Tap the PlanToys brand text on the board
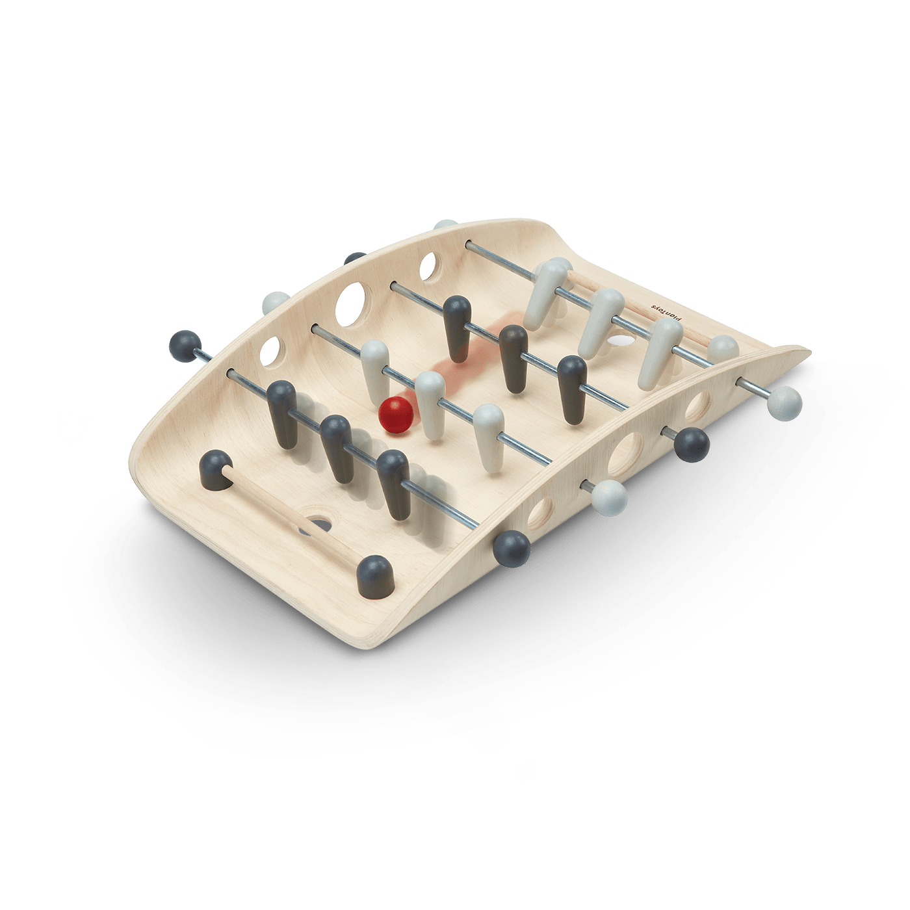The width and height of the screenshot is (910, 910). pos(668,312)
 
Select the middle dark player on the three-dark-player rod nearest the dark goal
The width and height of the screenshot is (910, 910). pos(337,449)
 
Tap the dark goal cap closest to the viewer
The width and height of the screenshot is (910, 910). pos(375,577)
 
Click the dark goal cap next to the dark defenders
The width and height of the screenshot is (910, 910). pos(216,471)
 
